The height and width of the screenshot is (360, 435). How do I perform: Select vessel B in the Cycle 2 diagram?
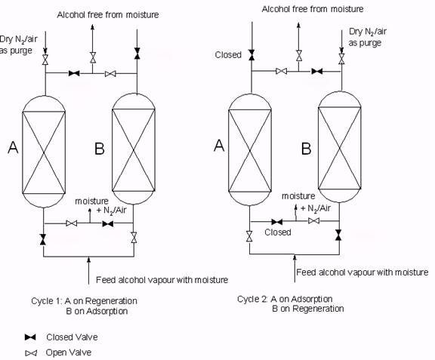[340, 147]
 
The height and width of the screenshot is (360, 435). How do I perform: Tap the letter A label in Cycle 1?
[13, 149]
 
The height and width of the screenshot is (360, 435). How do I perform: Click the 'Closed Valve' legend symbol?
[31, 337]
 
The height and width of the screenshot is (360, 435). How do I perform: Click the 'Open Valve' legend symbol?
[31, 352]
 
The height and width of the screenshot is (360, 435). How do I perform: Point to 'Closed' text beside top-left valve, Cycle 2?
[228, 55]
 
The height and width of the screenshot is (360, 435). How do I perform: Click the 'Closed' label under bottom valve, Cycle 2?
[278, 232]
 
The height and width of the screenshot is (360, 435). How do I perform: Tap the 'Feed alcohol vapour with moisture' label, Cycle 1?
[162, 280]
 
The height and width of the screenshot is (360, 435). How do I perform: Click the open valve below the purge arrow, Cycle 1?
[45, 60]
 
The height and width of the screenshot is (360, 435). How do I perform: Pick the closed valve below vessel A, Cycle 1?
[44, 239]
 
